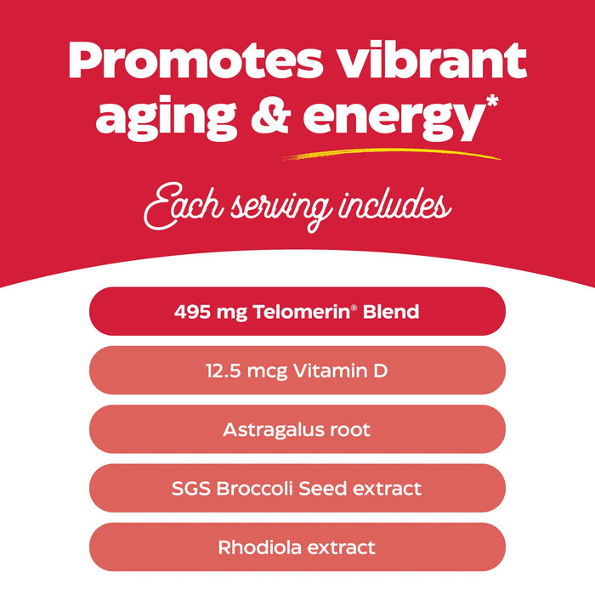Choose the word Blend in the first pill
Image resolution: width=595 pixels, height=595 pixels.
tap(391, 312)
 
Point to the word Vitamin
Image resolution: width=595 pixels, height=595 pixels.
tap(333, 371)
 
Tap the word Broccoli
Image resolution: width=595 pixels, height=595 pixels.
tap(258, 489)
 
